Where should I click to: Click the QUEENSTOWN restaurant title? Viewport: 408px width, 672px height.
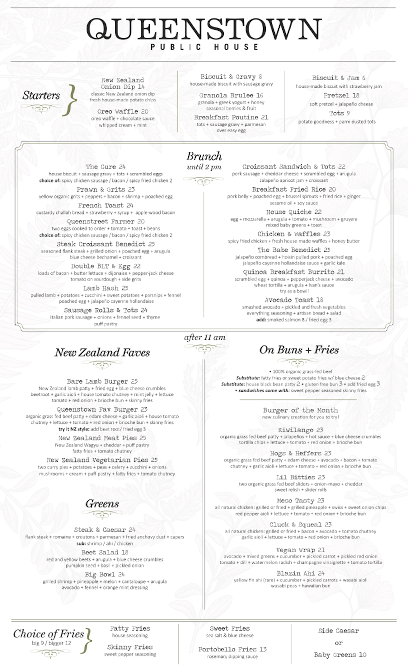point(204,29)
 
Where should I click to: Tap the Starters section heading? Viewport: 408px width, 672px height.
point(41,95)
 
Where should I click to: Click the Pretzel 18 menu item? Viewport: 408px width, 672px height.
point(341,96)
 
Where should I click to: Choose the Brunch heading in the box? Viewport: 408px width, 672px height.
point(204,156)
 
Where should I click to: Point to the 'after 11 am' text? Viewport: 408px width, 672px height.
point(204,337)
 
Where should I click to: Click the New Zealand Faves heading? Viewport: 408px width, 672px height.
point(102,353)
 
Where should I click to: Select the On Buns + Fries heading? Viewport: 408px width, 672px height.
point(299,350)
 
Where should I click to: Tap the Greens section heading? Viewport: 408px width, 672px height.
point(102,504)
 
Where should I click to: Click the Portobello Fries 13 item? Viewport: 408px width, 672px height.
point(232,650)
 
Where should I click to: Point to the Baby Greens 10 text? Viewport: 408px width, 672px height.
point(340,655)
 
